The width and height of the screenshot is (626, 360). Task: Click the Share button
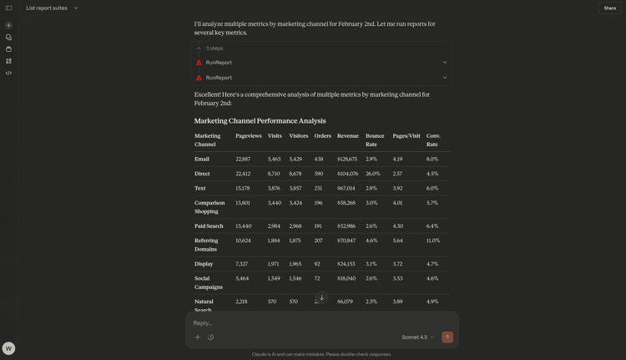609,8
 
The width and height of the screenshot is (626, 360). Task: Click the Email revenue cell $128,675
347,159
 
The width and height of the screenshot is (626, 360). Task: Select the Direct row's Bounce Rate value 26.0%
372,174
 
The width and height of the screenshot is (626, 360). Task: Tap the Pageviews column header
249,136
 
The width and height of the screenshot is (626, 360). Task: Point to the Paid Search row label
209,226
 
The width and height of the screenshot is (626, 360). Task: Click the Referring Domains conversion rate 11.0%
432,241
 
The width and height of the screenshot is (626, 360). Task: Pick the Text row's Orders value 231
318,189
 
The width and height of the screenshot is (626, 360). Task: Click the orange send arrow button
447,337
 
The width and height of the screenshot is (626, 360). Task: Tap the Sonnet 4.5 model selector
418,337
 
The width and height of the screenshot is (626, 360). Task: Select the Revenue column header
347,136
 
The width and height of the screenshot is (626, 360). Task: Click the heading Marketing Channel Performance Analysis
260,121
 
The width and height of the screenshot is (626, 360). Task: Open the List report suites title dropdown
52,8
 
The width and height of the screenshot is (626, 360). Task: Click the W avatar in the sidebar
8,348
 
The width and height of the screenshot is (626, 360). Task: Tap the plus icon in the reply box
198,337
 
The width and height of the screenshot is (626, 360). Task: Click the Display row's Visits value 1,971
275,264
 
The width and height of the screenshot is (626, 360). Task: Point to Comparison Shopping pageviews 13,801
243,203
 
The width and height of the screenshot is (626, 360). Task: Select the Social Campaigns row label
209,282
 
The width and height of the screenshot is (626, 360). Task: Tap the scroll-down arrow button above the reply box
321,297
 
